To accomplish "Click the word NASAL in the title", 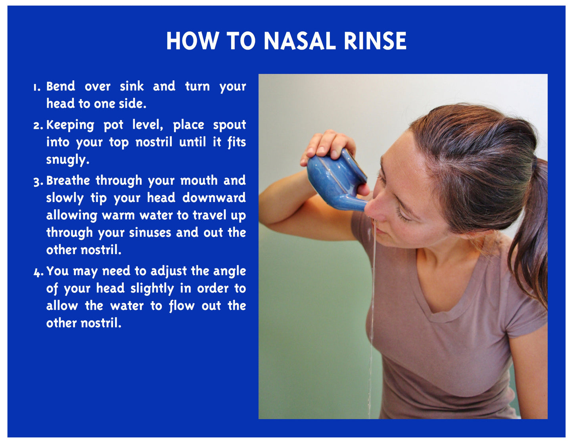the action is click(300, 41).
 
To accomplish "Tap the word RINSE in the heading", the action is click(375, 41).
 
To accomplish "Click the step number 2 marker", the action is click(38, 126).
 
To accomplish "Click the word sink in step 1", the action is click(132, 86).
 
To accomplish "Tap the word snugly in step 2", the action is click(68, 160).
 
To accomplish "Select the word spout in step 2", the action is click(230, 125).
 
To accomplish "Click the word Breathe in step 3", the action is click(68, 180).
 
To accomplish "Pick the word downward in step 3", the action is click(214, 198).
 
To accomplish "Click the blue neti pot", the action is click(336, 180).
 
